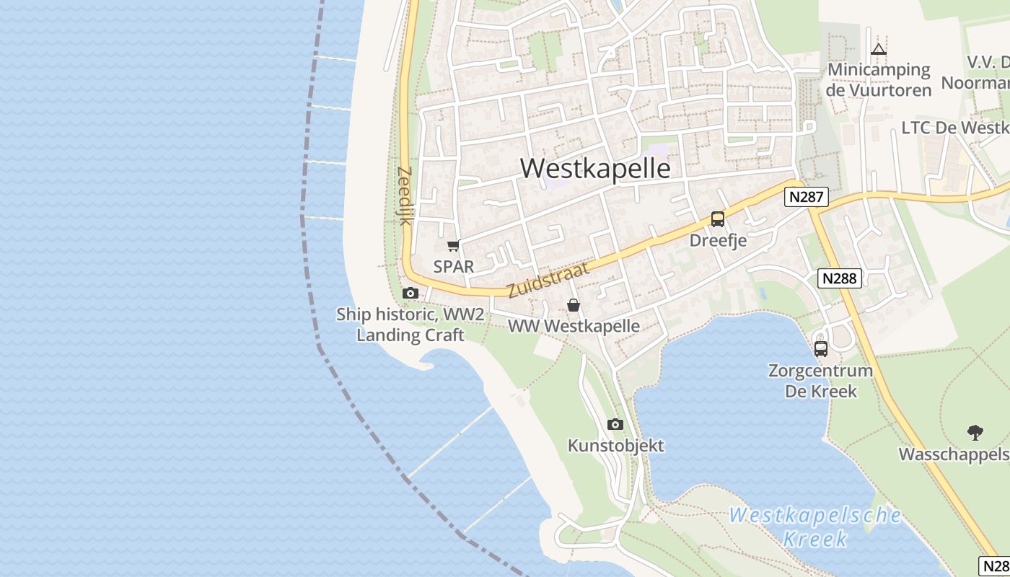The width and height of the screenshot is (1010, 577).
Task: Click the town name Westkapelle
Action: [595, 168]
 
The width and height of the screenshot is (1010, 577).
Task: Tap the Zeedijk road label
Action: [404, 196]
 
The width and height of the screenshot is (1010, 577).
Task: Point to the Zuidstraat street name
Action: [548, 280]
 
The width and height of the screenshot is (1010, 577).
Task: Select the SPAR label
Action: [454, 266]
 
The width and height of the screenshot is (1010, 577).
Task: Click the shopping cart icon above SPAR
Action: [453, 246]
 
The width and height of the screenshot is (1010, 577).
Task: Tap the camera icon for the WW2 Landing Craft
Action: [410, 293]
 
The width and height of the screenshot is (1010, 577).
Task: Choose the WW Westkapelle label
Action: [574, 326]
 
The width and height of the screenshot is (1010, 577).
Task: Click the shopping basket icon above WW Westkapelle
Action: [574, 305]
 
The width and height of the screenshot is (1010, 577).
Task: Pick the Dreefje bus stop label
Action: [718, 240]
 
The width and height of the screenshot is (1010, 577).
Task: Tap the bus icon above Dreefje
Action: [717, 219]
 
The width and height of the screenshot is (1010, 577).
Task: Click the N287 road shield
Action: [807, 197]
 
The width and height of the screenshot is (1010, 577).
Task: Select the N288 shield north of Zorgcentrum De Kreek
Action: [840, 278]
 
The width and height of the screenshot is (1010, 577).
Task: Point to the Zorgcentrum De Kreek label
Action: [820, 381]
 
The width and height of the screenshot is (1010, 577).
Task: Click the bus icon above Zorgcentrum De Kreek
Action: [821, 349]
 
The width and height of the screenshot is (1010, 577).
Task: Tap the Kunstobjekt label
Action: [615, 445]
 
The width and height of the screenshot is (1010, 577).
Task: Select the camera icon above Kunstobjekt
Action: [615, 424]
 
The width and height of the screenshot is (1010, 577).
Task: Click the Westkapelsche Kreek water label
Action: [815, 527]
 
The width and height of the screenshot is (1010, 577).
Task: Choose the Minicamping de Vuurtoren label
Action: [879, 79]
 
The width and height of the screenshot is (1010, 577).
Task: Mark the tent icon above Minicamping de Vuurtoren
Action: [878, 50]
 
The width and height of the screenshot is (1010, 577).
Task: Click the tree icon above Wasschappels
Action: [975, 433]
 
